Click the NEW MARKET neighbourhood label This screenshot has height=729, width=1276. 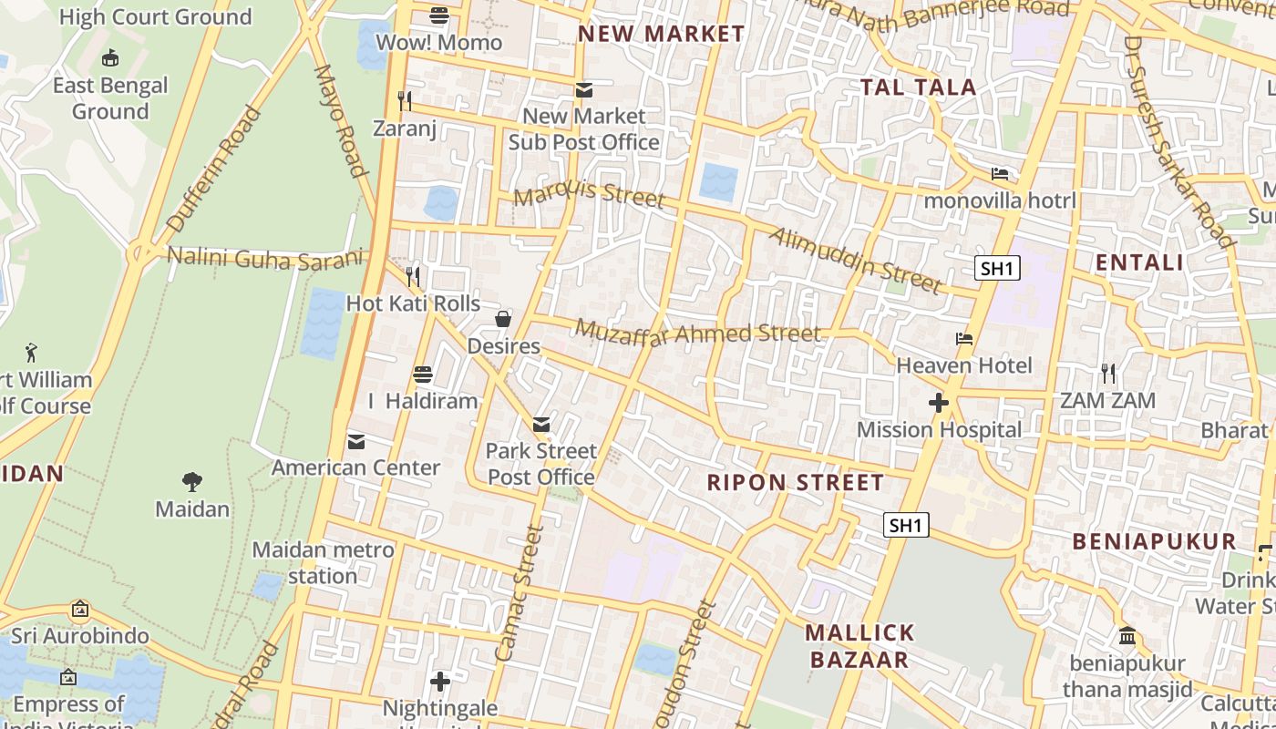pos(662,34)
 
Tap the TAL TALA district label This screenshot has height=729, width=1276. pos(919,87)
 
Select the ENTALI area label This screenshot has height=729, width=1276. pos(1139,262)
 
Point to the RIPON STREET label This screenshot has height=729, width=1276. pos(796,482)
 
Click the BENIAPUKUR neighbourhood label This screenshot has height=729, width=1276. pos(1154,541)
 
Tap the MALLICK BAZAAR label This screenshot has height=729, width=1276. pos(859,646)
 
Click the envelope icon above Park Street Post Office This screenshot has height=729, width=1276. pos(541,424)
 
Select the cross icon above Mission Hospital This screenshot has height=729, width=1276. pos(939,403)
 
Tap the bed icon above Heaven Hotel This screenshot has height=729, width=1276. pos(964,339)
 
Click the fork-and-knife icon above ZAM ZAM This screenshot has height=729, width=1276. pos(1107,373)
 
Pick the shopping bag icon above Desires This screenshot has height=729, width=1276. pos(503,319)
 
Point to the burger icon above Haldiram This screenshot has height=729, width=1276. pos(423,374)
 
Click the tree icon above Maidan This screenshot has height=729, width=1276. pos(191,481)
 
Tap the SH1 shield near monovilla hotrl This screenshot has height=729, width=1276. pos(997,268)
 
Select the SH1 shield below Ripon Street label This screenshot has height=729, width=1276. pos(906,525)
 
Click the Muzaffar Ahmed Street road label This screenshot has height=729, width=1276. pos(698,333)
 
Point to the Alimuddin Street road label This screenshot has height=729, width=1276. pos(855,261)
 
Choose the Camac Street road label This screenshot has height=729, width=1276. pos(519,592)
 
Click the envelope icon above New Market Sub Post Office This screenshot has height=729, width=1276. pos(583,89)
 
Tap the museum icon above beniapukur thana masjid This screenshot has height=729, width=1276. pos(1127,635)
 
